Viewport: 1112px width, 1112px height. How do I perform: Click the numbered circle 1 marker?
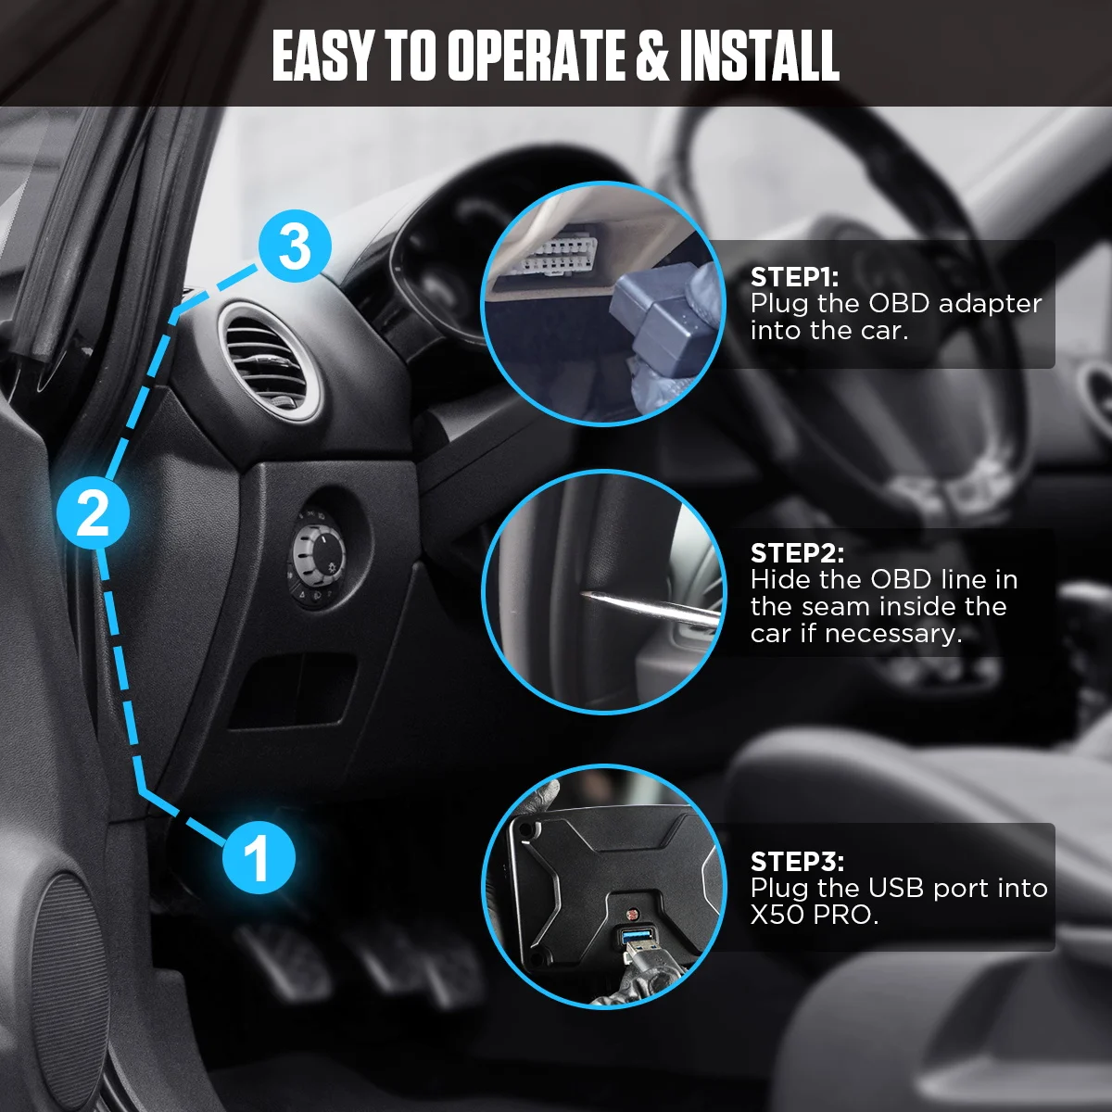coord(259,856)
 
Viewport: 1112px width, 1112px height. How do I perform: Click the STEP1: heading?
coord(794,277)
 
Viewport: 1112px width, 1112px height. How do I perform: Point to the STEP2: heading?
coord(797,553)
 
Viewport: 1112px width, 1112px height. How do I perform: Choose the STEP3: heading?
coord(797,862)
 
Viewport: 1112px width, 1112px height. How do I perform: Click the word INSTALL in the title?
coord(759,57)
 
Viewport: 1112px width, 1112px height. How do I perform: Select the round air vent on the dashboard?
coord(270,360)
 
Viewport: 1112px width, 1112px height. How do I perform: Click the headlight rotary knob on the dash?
coord(319,555)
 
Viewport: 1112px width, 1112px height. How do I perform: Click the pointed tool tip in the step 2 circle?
coord(586,594)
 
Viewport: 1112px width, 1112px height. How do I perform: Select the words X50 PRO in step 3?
coord(814,916)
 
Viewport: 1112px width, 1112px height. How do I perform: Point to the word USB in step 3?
coord(897,889)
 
